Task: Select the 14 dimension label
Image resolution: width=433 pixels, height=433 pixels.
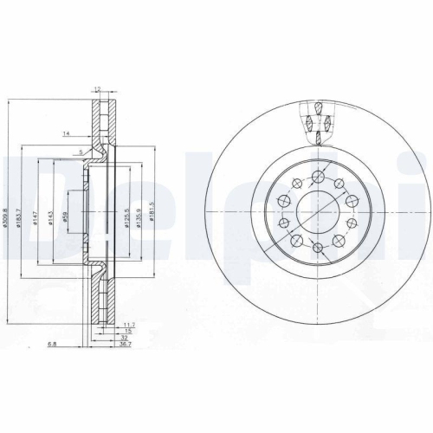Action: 66,132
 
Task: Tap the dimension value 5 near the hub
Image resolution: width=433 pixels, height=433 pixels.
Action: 82,153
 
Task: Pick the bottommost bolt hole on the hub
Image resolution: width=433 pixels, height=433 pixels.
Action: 318,249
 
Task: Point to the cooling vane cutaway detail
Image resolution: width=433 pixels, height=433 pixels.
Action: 317,120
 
